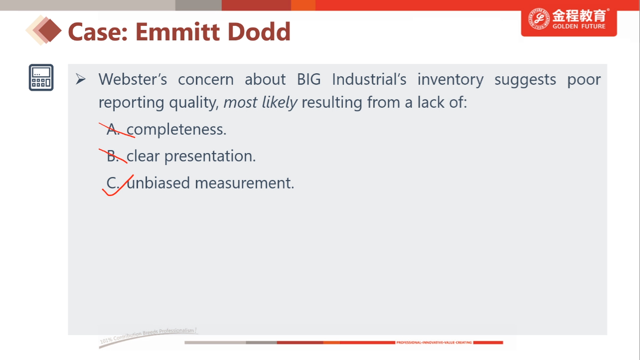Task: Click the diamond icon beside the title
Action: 44,30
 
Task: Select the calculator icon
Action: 41,77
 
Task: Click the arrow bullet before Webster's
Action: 81,79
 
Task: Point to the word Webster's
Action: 133,79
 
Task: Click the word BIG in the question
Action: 309,79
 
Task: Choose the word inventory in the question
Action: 451,80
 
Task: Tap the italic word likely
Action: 280,103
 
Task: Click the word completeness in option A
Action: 176,130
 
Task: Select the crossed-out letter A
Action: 113,130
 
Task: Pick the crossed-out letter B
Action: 113,156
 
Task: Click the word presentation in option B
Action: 210,156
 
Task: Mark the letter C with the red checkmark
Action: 113,183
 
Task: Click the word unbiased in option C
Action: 159,183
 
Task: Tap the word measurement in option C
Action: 244,183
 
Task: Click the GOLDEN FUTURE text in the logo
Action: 579,26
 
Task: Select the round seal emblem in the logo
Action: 539,18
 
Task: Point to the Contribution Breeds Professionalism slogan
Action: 148,335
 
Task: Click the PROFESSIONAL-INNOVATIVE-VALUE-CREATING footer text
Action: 434,342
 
